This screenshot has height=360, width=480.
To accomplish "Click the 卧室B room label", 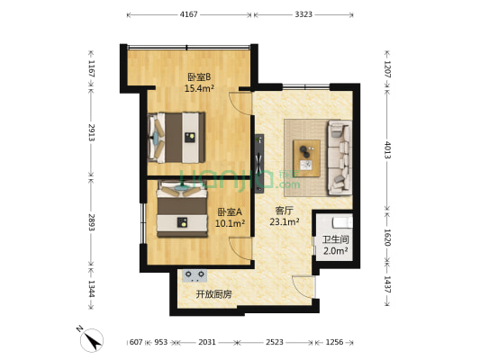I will (x=198, y=76).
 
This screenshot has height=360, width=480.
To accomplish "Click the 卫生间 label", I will (x=334, y=239).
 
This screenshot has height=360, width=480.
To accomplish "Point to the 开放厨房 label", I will (x=213, y=294).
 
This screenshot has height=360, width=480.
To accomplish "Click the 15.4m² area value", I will (x=198, y=88).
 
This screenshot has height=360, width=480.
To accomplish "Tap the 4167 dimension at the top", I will (x=189, y=15).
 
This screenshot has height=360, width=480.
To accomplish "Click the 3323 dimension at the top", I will (x=303, y=15).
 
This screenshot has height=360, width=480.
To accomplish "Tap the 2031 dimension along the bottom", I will (x=205, y=343).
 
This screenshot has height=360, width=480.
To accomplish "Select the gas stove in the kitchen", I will (x=195, y=274).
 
